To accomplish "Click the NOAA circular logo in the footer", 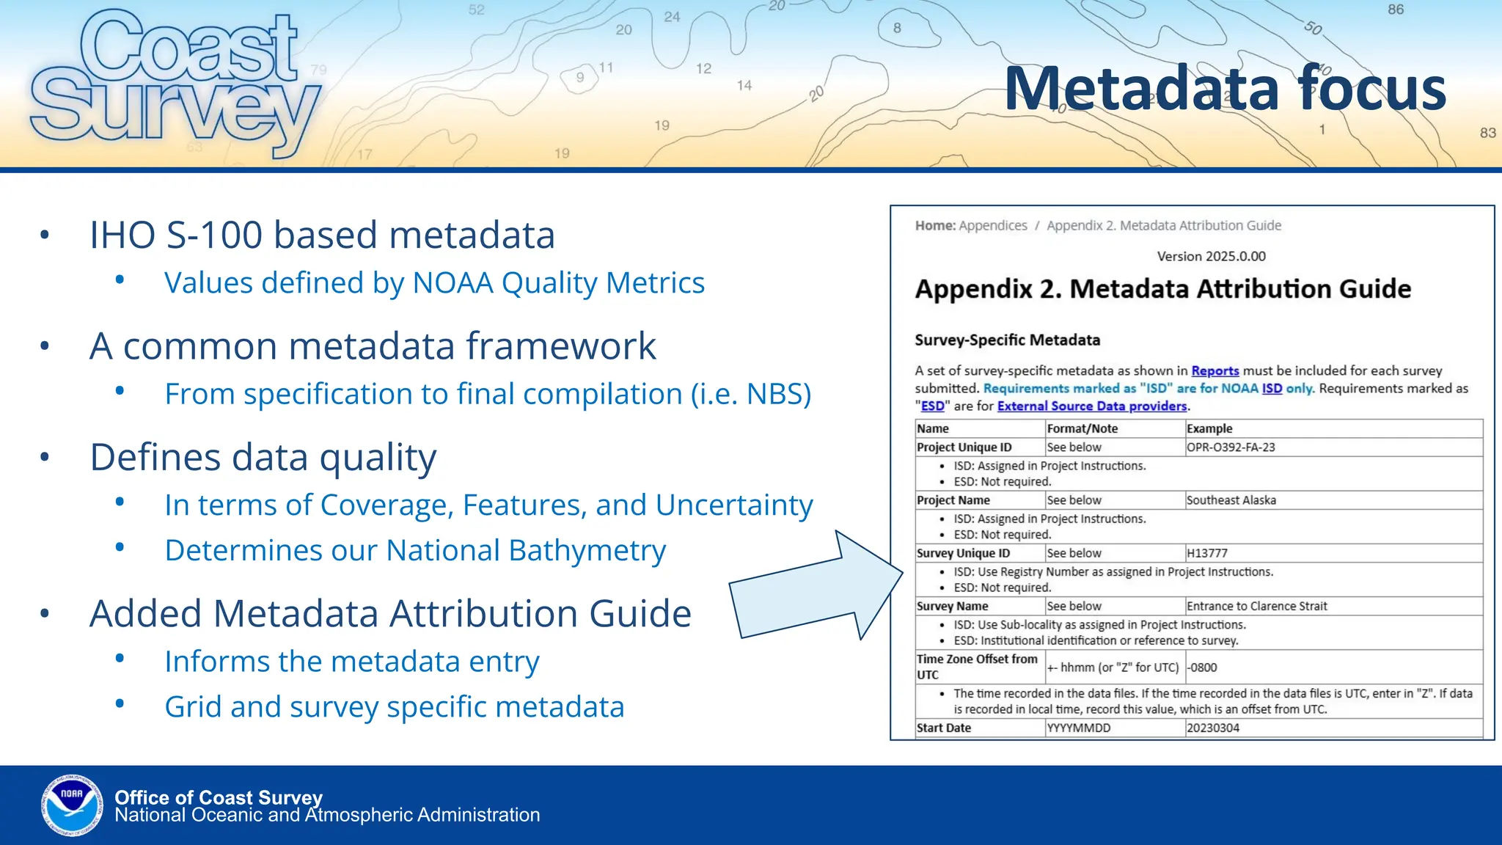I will (72, 805).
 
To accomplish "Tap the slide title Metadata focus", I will (1225, 89).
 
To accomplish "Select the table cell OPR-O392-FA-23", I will (1231, 447).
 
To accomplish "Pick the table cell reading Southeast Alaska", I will (1231, 500).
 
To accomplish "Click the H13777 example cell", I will (1206, 553).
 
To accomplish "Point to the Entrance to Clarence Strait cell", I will (1256, 606).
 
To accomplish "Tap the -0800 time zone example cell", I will (1202, 667).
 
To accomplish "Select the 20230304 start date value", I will (1212, 728).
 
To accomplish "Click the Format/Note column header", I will (1082, 428).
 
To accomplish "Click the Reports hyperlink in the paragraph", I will (1215, 371).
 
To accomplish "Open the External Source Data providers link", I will (1091, 406).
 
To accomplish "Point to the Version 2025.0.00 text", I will (1211, 256).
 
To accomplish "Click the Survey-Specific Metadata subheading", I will (1007, 340).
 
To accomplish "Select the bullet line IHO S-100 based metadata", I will (322, 235).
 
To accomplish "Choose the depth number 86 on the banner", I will (1395, 10).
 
